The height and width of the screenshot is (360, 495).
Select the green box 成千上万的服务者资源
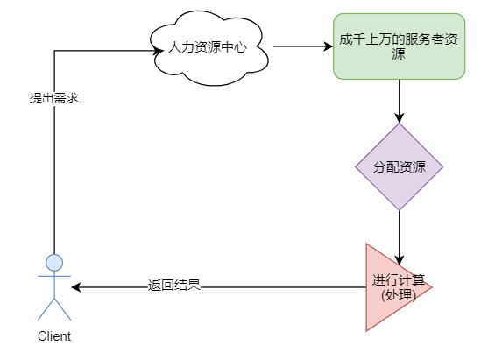[x=399, y=46]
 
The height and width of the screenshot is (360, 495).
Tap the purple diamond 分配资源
[x=399, y=166]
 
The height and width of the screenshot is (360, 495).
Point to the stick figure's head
[x=54, y=262]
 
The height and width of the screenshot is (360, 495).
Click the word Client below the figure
[x=54, y=336]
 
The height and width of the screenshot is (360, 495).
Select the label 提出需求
[x=54, y=98]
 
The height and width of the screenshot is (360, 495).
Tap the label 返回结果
[x=174, y=286]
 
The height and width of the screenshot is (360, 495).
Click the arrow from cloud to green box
[x=302, y=46]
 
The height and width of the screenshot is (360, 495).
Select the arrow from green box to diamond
[x=400, y=101]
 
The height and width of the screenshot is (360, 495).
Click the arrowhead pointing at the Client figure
[x=77, y=287]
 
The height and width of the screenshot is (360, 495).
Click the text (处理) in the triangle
[x=399, y=295]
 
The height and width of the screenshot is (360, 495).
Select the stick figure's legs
[x=54, y=308]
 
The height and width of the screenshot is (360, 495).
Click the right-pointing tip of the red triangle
[x=430, y=287]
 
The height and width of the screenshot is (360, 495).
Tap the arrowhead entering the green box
[x=328, y=46]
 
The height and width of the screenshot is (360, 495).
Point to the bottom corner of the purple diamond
[x=400, y=209]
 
